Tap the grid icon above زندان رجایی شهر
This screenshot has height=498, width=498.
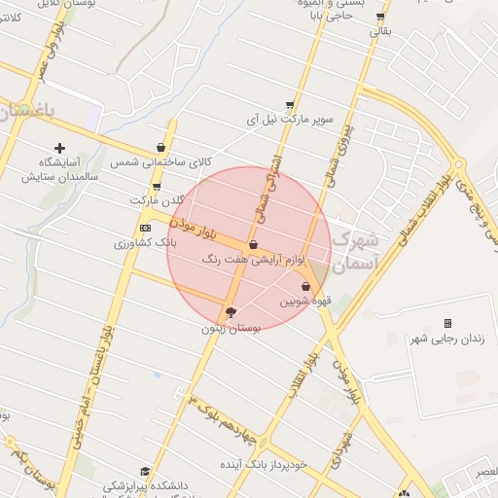click(x=447, y=323)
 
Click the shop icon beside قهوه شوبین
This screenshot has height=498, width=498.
click(x=307, y=287)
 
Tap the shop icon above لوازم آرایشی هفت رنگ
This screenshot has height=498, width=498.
click(x=253, y=245)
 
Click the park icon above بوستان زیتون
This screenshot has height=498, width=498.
click(x=230, y=312)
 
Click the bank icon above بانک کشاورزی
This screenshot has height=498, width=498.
click(x=145, y=228)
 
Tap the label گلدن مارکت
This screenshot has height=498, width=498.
click(x=157, y=199)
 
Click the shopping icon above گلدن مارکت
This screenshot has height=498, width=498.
click(x=157, y=186)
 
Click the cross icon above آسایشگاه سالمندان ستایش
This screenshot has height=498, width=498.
click(x=60, y=148)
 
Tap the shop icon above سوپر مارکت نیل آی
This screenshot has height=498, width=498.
click(x=290, y=105)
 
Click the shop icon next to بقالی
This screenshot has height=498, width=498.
click(x=379, y=17)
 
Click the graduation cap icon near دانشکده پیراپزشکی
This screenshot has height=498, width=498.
click(x=145, y=472)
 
